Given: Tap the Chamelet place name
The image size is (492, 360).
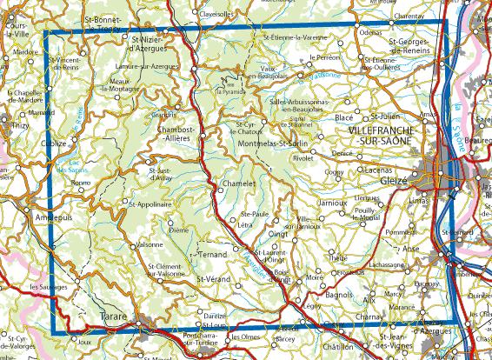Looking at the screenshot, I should click(x=236, y=184).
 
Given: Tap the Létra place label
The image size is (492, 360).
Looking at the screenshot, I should click(x=245, y=225).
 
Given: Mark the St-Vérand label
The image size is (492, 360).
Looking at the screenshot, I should click(x=212, y=278).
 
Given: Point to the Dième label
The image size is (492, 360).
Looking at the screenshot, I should click(x=179, y=230).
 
